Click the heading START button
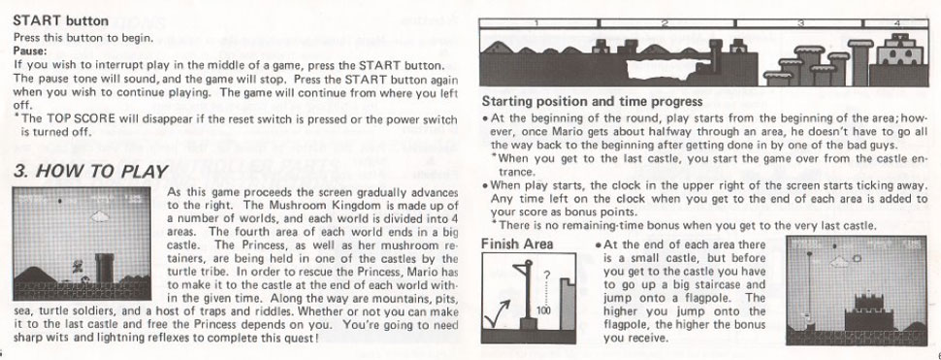point(60,21)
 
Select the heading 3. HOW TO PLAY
point(90,172)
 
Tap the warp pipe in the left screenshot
point(105,268)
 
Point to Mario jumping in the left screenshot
point(77,265)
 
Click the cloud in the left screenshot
point(100,216)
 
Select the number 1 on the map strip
point(537,23)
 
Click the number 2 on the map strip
point(665,23)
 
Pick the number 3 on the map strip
point(800,23)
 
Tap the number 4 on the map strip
point(896,23)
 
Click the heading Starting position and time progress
point(592,102)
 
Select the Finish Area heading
point(517,245)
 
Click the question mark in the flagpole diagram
point(546,277)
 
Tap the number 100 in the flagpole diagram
point(544,311)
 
